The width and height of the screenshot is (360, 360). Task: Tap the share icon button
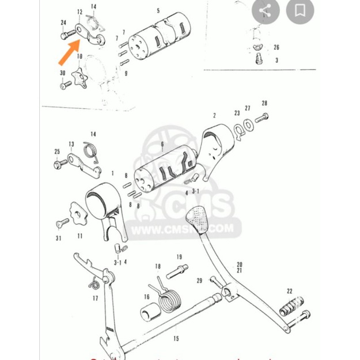pos(265,10)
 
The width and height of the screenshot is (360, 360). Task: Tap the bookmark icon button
pos(300,10)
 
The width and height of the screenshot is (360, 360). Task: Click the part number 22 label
pos(289,291)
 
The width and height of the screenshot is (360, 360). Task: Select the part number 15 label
pos(176,339)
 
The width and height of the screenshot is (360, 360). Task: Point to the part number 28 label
pos(264,103)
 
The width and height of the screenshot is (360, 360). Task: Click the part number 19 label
pos(179,257)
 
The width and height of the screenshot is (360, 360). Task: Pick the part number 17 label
pos(95,298)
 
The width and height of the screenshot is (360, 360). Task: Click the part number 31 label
pos(58,238)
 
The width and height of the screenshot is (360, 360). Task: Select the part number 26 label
pos(276,48)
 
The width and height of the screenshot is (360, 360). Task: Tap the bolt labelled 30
pos(63,85)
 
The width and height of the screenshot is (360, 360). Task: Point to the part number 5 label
pos(158,10)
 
